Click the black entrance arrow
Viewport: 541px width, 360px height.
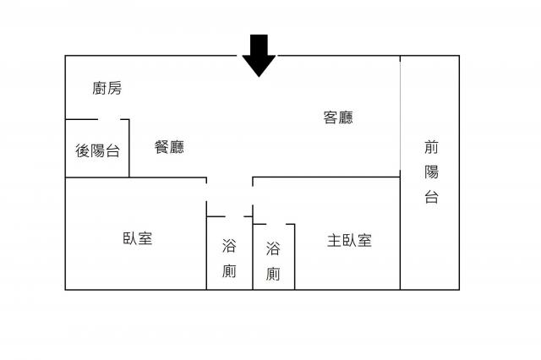(259, 55)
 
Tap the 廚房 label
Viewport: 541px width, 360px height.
(107, 88)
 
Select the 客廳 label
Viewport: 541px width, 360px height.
(338, 117)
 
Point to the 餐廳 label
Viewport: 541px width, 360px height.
(169, 147)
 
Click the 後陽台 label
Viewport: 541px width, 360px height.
(98, 150)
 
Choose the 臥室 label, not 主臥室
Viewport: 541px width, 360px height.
(138, 238)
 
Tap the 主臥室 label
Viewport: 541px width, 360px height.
(349, 240)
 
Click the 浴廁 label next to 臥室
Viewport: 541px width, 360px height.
(229, 259)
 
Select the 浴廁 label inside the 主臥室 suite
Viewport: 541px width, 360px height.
(273, 261)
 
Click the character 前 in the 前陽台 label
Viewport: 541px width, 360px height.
(431, 147)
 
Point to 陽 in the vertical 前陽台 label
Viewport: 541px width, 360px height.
(431, 172)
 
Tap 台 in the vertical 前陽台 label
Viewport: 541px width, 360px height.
(431, 197)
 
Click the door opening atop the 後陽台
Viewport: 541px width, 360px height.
(109, 120)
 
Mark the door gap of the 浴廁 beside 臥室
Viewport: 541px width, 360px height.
(235, 216)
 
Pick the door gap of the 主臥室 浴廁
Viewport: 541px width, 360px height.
(276, 224)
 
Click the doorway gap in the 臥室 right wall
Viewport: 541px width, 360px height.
(206, 192)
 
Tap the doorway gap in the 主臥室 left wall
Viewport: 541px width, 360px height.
(253, 195)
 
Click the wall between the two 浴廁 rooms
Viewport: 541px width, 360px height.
(253, 254)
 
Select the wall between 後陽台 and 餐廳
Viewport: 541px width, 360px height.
(129, 148)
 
